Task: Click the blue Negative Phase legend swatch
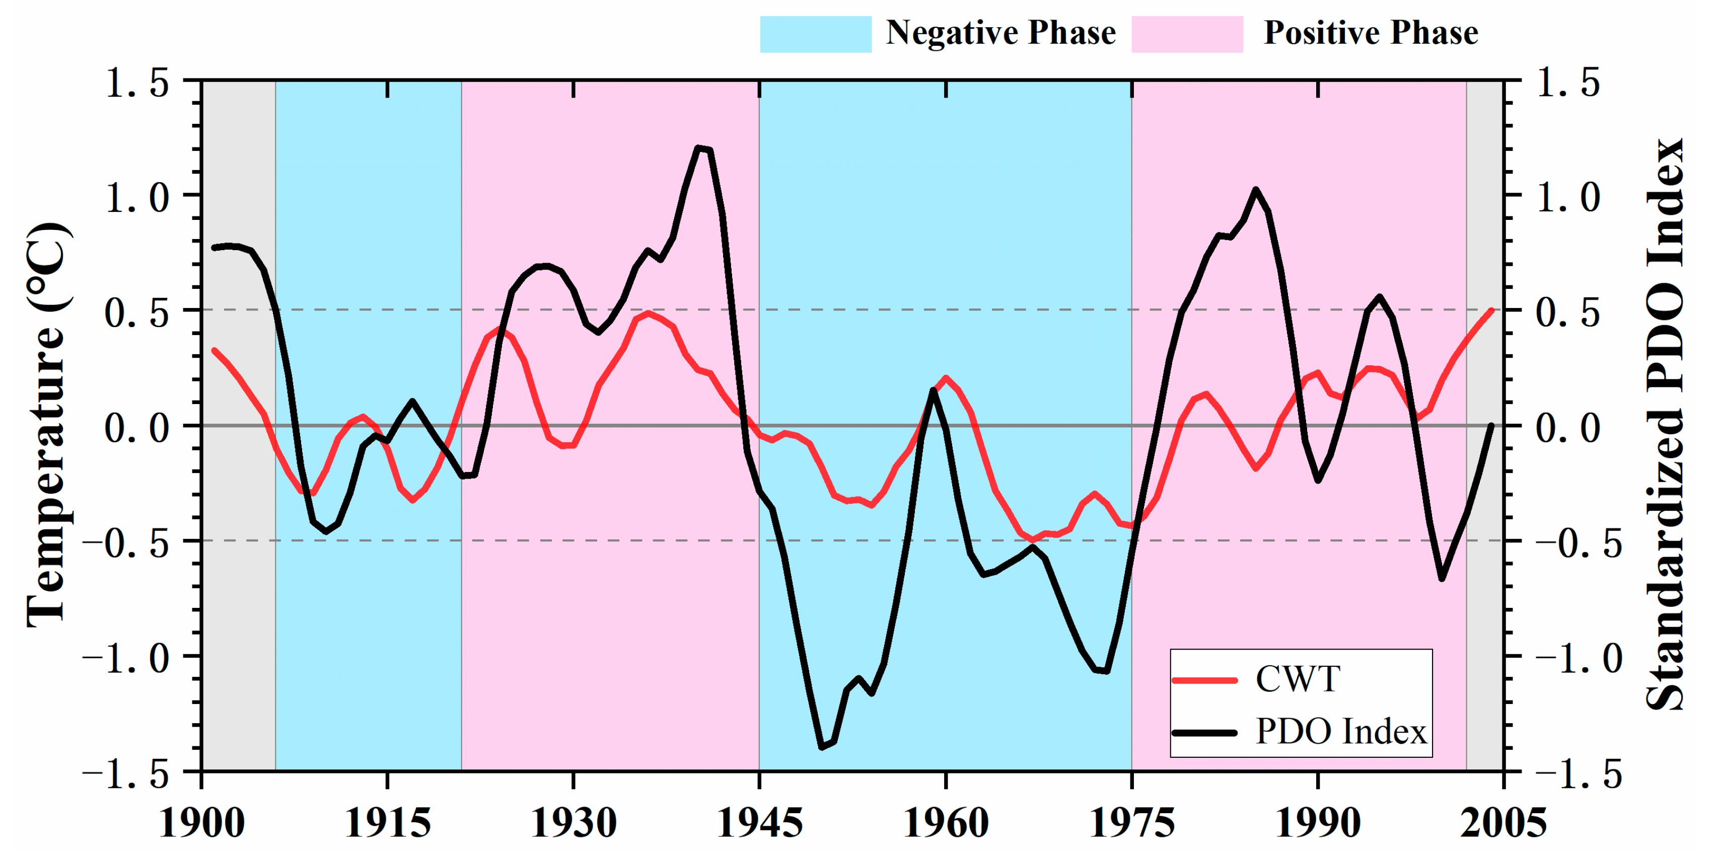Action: pyautogui.click(x=815, y=34)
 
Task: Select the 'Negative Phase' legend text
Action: pyautogui.click(x=1000, y=33)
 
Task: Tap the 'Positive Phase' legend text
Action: pyautogui.click(x=1371, y=33)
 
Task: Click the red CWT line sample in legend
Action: pyautogui.click(x=1204, y=680)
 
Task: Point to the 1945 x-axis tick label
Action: pyautogui.click(x=759, y=823)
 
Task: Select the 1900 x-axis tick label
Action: pyautogui.click(x=202, y=823)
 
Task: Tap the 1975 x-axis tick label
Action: pyautogui.click(x=1131, y=823)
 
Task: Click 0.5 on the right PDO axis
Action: pyautogui.click(x=1567, y=312)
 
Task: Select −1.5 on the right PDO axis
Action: pyautogui.click(x=1578, y=773)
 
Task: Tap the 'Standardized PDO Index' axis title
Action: pyautogui.click(x=1665, y=425)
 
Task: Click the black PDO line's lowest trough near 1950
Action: pyautogui.click(x=822, y=747)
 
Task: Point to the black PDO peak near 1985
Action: pyautogui.click(x=1256, y=189)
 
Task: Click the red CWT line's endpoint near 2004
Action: pyautogui.click(x=1491, y=310)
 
